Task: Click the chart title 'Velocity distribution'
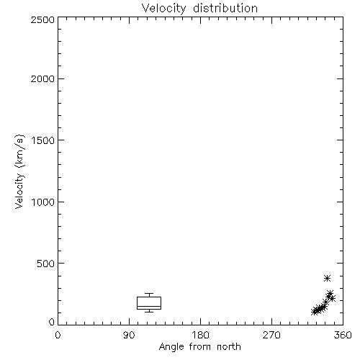click(199, 9)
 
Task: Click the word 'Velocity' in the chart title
click(163, 9)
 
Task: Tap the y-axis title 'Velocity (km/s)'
click(19, 172)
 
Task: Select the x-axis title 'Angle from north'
click(200, 347)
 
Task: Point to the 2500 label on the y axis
click(42, 19)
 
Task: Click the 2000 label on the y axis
click(42, 78)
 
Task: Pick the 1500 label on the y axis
click(43, 140)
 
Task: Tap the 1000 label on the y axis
click(43, 202)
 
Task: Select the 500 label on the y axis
click(46, 264)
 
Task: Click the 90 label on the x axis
click(129, 335)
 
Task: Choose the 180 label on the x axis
click(200, 335)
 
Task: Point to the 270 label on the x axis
click(271, 335)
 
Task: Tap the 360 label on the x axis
click(343, 335)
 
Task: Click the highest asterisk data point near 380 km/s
click(327, 279)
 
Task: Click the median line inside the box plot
click(149, 306)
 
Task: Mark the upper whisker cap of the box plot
click(149, 293)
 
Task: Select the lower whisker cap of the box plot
click(149, 312)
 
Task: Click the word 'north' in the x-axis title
click(229, 347)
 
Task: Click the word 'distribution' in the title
click(225, 9)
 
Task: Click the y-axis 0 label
click(52, 322)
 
